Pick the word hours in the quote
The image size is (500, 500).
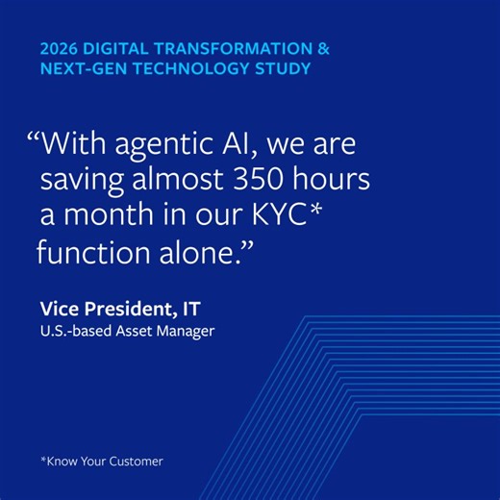336,182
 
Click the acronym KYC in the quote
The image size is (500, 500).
288,217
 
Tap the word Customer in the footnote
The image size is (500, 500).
136,461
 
